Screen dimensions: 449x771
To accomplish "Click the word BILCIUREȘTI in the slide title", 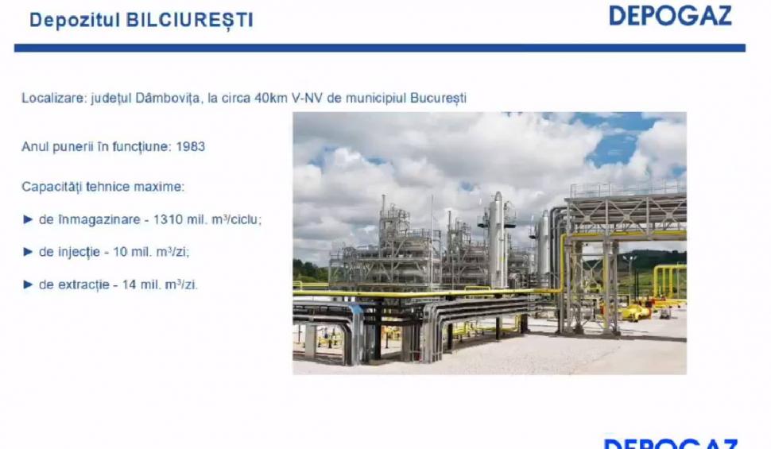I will coord(189,20).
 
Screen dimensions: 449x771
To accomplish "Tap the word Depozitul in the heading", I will coord(75,20).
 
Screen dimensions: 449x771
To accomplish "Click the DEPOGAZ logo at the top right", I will coord(670,16).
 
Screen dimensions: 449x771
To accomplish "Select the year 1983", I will coord(191,147).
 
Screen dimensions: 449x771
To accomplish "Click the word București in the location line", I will coord(439,99).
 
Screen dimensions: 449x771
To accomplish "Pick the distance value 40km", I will coord(270,99).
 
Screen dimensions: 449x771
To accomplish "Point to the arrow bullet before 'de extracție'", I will coord(28,284).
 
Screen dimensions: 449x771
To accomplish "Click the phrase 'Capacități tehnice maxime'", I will coord(103,188).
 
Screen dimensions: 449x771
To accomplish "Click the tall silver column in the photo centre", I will coord(497,238).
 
